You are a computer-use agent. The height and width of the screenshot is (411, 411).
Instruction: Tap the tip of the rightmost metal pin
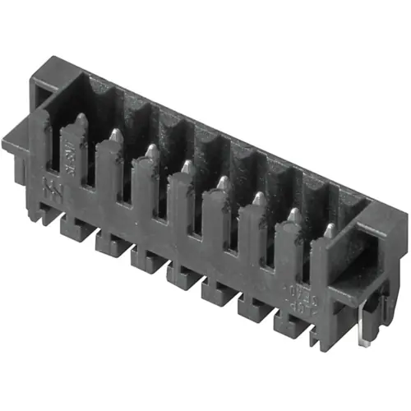329,231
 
